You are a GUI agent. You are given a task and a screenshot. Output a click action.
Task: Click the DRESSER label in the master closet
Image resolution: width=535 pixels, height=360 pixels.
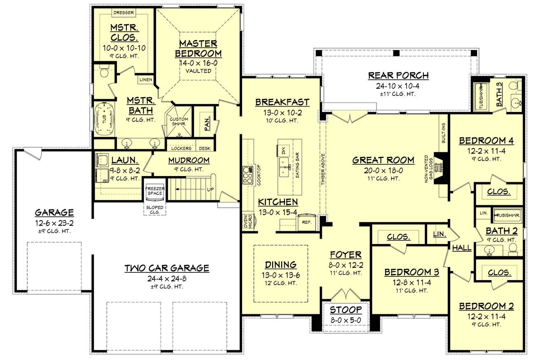point(123,13)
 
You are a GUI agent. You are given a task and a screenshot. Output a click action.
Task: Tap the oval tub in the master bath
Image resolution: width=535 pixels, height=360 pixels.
point(104,119)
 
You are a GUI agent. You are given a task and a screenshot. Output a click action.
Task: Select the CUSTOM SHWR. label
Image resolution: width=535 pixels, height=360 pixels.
point(179,121)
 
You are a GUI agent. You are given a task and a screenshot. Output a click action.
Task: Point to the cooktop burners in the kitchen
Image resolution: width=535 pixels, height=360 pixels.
point(248,175)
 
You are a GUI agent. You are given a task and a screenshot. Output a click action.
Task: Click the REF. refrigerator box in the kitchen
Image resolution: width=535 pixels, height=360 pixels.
point(307,223)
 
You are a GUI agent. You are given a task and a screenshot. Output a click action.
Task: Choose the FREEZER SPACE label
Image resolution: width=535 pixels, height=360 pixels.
point(155,191)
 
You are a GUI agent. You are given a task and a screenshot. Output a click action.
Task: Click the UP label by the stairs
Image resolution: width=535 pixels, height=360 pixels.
point(210,190)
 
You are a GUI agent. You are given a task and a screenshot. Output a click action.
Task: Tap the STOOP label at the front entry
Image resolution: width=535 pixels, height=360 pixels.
point(346,310)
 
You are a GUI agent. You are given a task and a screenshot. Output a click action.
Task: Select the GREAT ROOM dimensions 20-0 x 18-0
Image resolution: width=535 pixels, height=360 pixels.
point(383,170)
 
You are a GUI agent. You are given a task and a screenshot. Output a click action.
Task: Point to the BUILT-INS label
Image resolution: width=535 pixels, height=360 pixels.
point(444,133)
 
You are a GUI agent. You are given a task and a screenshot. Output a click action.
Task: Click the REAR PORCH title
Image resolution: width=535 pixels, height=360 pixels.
point(398,75)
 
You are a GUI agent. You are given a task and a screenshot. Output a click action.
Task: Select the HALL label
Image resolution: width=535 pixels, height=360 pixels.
point(462,248)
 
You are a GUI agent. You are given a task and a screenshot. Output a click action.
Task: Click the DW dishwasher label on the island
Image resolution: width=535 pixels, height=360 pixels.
point(284,151)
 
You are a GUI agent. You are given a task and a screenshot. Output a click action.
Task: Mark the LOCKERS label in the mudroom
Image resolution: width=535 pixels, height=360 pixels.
point(181,149)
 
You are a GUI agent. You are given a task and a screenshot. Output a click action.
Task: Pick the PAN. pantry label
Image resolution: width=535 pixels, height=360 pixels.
point(207,123)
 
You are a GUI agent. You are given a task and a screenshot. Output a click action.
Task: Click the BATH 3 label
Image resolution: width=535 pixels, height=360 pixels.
point(499,94)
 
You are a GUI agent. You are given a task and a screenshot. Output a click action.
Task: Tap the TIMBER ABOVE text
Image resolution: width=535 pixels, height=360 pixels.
point(323,169)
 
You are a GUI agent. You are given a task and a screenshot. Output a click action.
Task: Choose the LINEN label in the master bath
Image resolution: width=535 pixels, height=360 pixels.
point(146,79)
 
